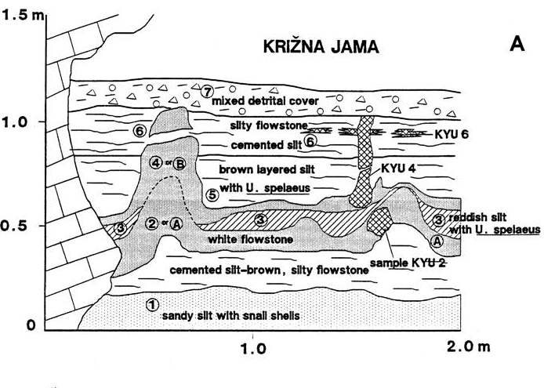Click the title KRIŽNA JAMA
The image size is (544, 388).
click(x=321, y=48)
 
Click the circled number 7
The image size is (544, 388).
click(x=207, y=91)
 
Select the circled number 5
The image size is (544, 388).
click(x=210, y=194)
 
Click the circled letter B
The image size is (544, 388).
click(x=180, y=163)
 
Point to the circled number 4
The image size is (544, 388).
click(x=155, y=163)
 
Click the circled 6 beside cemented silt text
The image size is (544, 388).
click(x=310, y=142)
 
